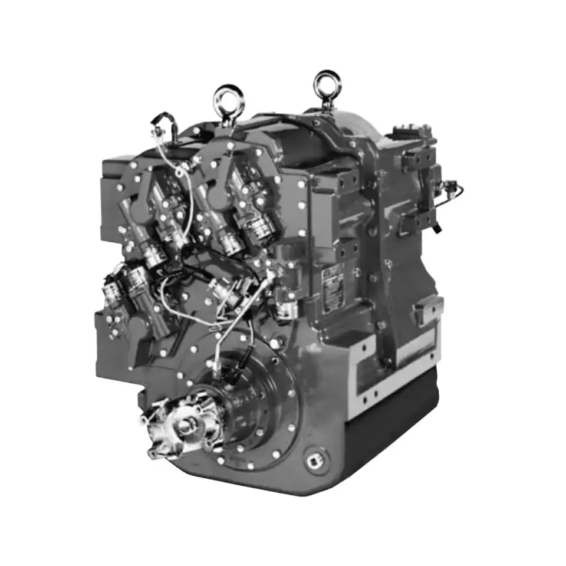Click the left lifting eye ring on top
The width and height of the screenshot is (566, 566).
click(x=229, y=98)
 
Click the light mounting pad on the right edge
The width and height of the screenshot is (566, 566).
click(x=429, y=309)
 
